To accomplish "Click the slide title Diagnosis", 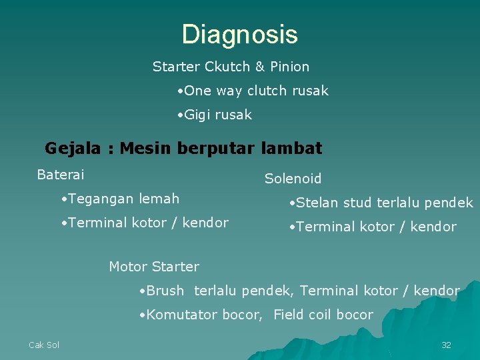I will tap(239, 35).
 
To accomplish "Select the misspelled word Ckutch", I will tap(227, 67).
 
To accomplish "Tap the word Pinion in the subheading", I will tap(289, 67).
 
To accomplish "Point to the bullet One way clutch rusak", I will tap(253, 91).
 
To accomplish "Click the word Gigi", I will tap(197, 115).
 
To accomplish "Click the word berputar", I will tap(216, 149).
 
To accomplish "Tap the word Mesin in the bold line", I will tap(146, 148).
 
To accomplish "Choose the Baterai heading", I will tap(61, 175).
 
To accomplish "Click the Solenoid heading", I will tap(293, 179).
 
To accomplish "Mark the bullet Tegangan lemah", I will tap(120, 199).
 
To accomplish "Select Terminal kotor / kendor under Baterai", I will tap(145, 223).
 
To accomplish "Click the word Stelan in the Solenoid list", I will tap(318, 203).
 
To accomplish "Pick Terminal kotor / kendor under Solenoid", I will tap(373, 227).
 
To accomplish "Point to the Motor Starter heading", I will tap(153, 267).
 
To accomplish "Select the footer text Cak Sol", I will tap(44, 345).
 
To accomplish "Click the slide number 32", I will tap(446, 345).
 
